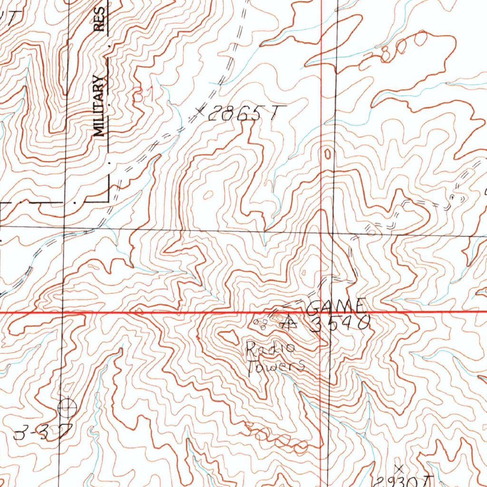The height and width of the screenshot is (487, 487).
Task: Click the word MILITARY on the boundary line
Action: (98, 106)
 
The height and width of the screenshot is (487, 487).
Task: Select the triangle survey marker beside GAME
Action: (289, 323)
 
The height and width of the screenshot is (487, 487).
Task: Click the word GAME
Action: (336, 306)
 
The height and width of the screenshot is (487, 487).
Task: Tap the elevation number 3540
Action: (340, 324)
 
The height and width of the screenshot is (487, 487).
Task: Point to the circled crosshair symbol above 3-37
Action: (67, 408)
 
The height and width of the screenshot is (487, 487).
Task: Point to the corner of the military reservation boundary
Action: (110, 202)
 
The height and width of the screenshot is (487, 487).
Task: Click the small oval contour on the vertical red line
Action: (327, 153)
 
